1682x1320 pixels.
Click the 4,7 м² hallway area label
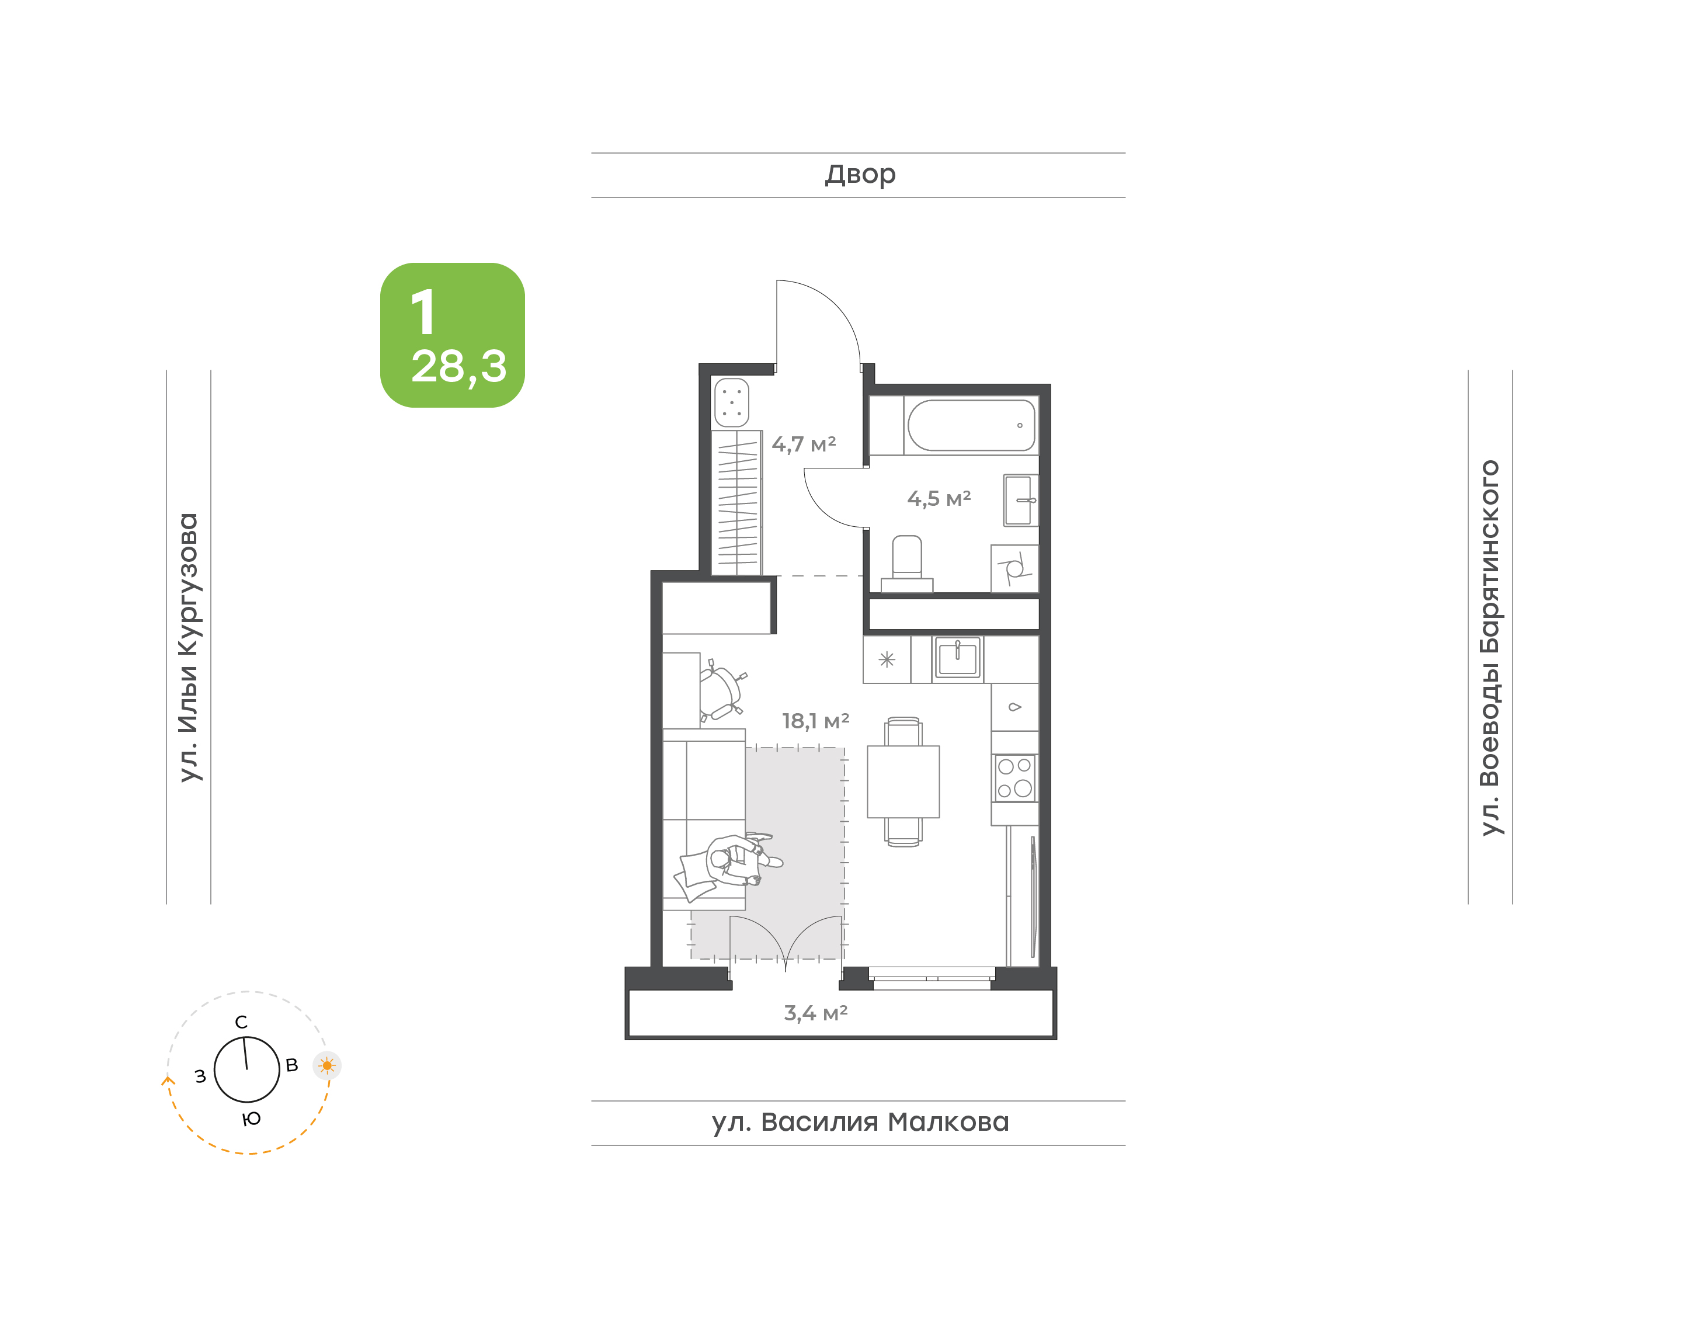click(804, 444)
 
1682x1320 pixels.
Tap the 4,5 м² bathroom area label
click(939, 498)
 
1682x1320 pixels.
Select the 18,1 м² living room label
click(815, 721)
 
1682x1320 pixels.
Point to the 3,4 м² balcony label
click(816, 1012)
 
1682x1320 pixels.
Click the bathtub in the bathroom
click(971, 425)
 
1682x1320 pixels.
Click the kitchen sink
click(957, 658)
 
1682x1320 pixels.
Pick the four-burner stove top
click(1014, 778)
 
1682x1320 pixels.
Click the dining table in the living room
click(903, 781)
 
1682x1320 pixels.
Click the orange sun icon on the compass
click(327, 1066)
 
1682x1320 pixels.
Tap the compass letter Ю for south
click(251, 1119)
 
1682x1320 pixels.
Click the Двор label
click(860, 175)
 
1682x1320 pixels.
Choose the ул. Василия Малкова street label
click(860, 1122)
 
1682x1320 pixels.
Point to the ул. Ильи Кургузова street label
click(189, 648)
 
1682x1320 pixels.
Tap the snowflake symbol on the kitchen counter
click(886, 659)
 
